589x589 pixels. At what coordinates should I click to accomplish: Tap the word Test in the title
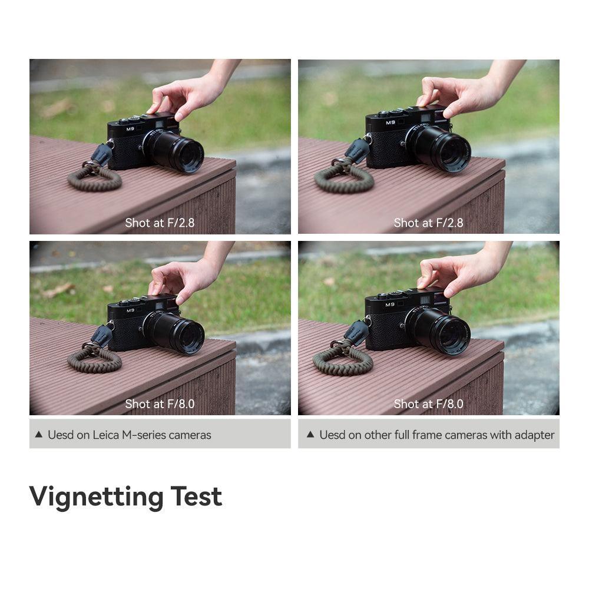[196, 496]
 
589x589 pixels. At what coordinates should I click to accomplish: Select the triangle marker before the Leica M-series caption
[39, 435]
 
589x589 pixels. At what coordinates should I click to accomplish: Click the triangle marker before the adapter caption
[310, 435]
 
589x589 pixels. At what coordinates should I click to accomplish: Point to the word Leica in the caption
[106, 435]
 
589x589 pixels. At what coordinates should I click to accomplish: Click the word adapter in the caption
[535, 435]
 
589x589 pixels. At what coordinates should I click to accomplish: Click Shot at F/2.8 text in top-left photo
[160, 223]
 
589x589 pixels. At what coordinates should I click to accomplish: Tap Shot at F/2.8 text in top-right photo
[428, 223]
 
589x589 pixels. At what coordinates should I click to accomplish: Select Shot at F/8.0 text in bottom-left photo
[160, 404]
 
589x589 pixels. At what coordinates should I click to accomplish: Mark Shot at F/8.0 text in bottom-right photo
[428, 404]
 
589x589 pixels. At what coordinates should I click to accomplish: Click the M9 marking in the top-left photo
[130, 129]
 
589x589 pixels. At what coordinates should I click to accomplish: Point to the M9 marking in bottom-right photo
[390, 305]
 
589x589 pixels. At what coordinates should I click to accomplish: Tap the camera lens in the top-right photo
[440, 148]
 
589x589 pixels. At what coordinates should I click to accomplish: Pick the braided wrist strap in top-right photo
[343, 177]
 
